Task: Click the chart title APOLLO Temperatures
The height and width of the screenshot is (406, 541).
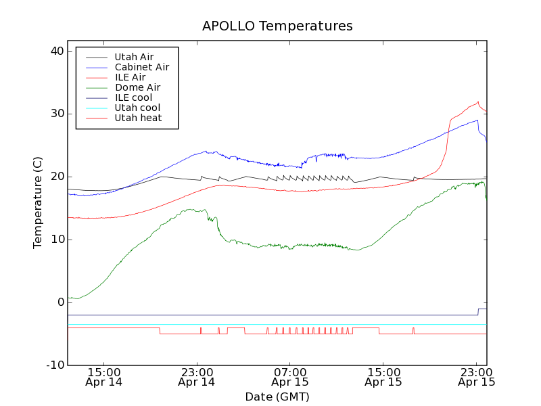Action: pos(277,26)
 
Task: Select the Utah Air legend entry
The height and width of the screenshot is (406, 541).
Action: pos(134,57)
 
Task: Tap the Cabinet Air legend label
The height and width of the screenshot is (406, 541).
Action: pos(141,67)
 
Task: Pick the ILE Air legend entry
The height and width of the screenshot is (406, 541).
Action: pos(130,77)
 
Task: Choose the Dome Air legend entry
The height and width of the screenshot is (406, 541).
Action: pos(137,87)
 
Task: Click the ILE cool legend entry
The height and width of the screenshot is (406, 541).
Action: pos(133,97)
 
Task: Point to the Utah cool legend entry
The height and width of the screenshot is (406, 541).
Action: pos(137,108)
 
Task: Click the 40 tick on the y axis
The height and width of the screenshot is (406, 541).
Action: pos(56,51)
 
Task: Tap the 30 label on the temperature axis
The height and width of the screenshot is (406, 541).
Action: pos(56,114)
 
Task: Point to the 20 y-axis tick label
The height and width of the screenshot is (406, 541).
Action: pos(56,177)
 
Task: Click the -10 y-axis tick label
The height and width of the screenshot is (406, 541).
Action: pos(54,365)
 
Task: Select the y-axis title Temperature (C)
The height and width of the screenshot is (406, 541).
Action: pos(38,203)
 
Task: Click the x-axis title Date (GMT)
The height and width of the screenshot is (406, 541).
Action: pos(277,397)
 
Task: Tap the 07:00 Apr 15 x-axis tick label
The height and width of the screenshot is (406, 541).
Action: pos(290,376)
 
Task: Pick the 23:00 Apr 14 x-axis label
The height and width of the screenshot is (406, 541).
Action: pos(197,376)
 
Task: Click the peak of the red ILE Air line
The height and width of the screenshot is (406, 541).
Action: pos(478,102)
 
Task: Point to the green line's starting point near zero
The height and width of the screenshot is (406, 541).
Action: pos(69,298)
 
